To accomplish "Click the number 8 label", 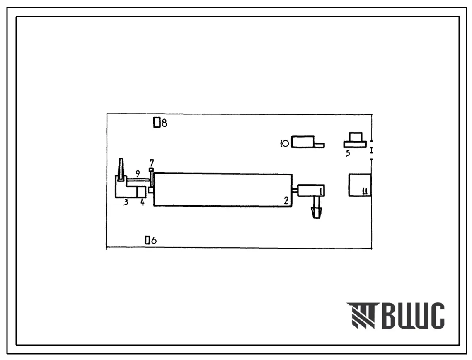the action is click(164, 123).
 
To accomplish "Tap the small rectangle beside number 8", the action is click(157, 123).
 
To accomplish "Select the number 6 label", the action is click(153, 240).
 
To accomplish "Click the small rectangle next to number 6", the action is click(147, 240).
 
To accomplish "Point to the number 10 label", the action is click(284, 144).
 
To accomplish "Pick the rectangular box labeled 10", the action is click(303, 142).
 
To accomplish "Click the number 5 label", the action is click(348, 154).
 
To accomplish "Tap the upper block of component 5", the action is click(356, 137).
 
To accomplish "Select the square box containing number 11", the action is click(360, 185).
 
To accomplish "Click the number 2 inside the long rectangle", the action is click(286, 201).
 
